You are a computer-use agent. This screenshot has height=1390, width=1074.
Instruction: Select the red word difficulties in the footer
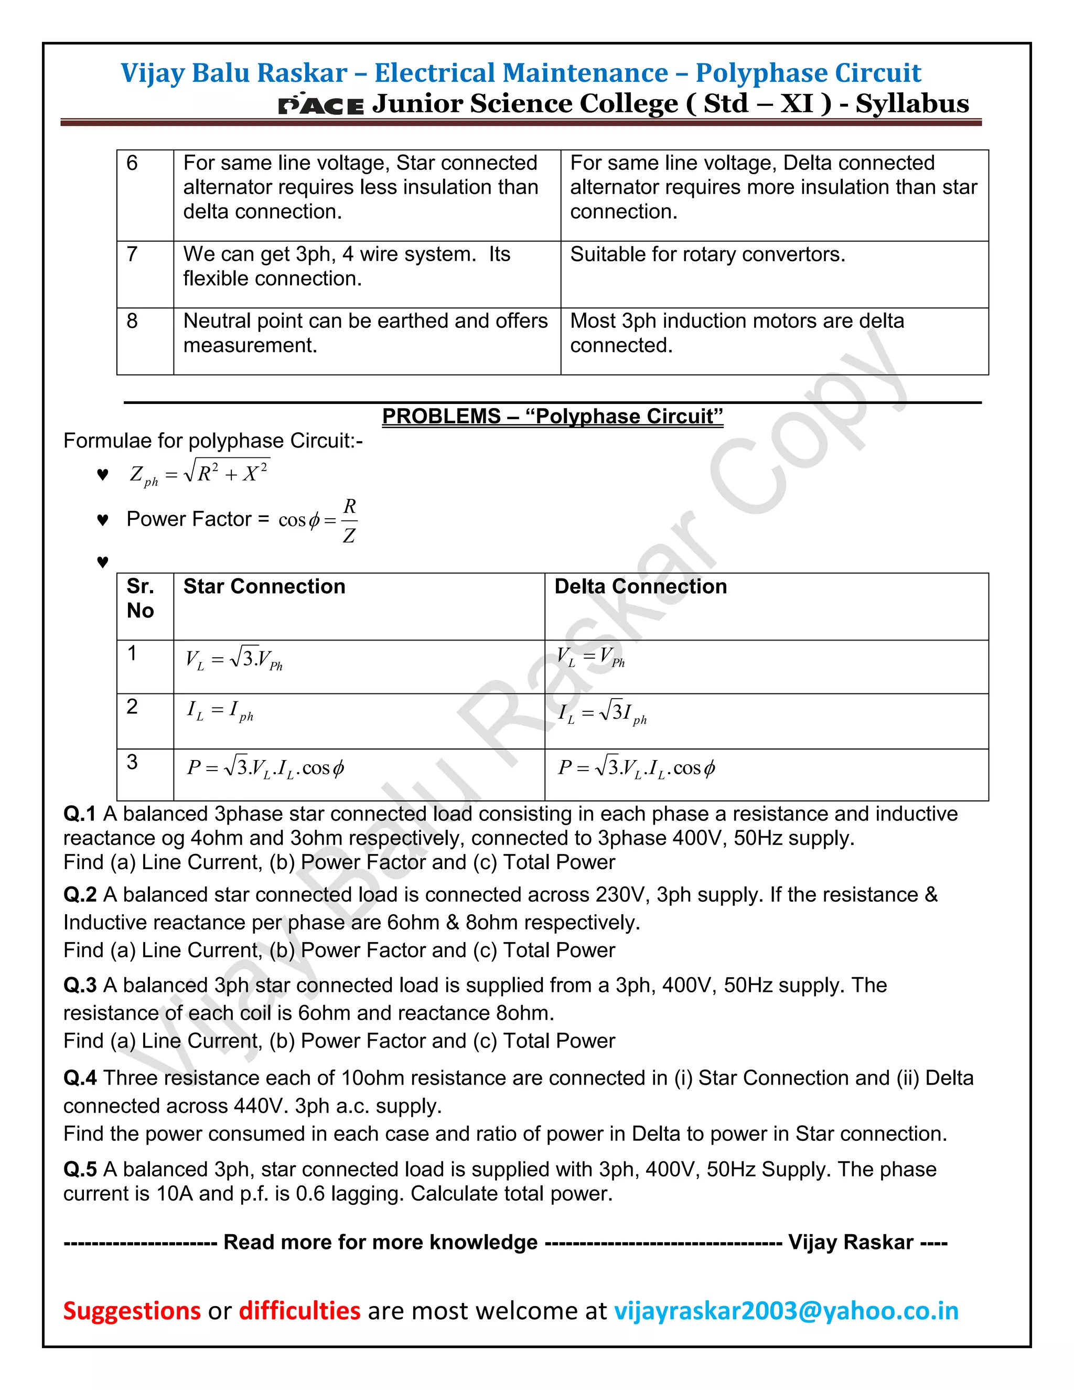299,1310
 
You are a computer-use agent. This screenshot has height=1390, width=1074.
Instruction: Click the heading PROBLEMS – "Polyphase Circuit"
552,416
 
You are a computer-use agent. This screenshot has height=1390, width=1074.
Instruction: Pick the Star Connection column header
264,586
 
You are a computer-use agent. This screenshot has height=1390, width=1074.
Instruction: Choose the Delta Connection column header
640,586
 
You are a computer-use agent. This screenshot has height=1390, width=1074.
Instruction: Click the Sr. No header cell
140,598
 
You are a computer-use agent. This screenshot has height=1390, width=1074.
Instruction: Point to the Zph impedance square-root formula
199,474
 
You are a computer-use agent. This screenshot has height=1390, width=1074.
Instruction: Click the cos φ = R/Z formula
318,520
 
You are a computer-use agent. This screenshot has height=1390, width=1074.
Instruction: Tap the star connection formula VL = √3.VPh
233,659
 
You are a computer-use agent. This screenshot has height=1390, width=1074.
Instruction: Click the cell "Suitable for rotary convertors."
707,254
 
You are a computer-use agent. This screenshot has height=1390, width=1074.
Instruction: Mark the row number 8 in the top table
132,321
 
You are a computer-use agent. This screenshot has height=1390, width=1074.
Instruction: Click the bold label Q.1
80,814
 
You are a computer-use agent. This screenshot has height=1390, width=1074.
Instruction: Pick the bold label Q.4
80,1078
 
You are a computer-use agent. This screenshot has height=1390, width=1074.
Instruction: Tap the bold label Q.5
80,1169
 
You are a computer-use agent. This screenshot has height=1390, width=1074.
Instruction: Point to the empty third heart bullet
102,561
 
